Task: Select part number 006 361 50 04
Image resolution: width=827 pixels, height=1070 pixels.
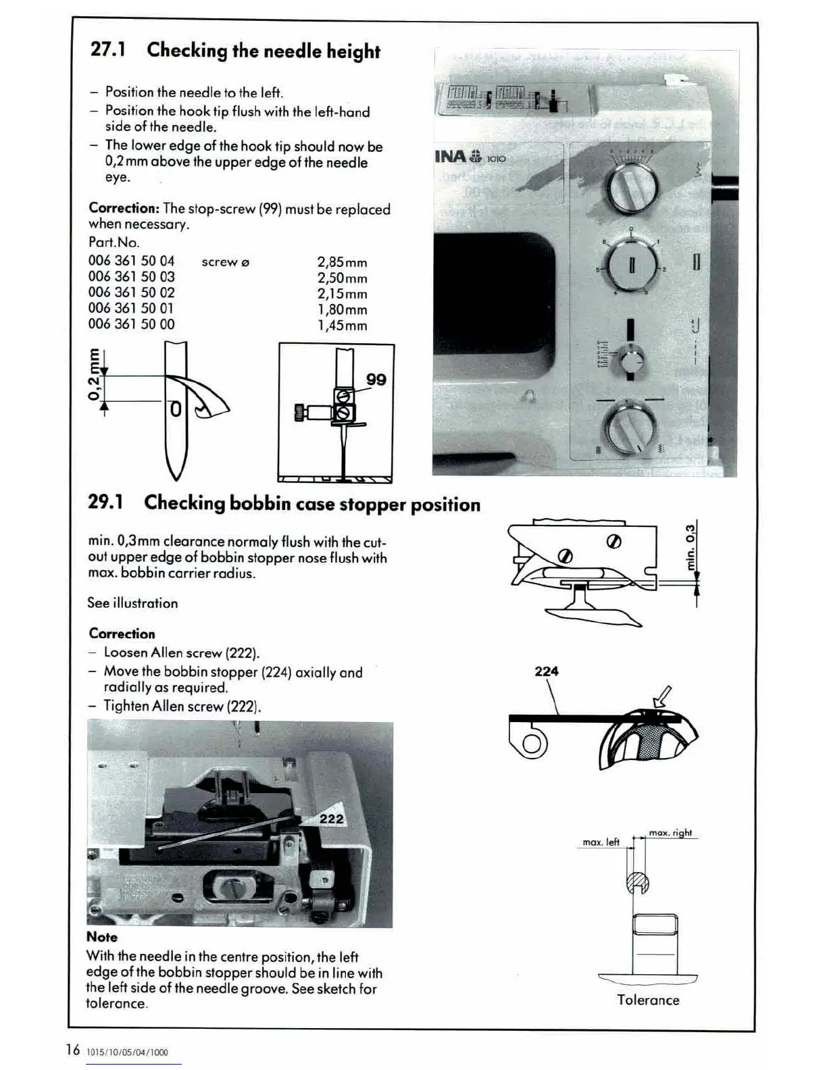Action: point(131,260)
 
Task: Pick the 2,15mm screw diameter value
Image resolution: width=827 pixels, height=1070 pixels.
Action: point(342,294)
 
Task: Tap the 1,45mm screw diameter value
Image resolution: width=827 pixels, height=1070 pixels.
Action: point(342,326)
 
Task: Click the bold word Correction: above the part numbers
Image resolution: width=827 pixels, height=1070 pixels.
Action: point(124,209)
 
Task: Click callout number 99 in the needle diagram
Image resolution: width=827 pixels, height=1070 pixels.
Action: point(376,380)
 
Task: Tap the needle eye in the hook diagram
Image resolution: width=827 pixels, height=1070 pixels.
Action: point(175,409)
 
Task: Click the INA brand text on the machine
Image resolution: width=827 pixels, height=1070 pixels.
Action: point(449,157)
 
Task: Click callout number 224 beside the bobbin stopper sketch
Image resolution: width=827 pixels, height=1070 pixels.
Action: point(546,671)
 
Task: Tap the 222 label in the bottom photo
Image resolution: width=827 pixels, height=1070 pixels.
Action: point(331,819)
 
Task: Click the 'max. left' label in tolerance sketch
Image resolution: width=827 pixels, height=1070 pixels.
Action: point(601,842)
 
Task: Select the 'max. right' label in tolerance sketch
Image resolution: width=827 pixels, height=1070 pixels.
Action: point(670,832)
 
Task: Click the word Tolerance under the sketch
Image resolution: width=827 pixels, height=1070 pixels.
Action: point(648,1000)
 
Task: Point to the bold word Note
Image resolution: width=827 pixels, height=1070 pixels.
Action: point(102,937)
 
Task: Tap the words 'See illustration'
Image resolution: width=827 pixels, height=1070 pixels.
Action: point(132,603)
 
